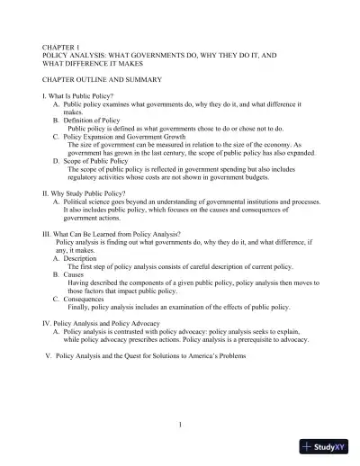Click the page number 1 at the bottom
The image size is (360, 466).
pos(180,425)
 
